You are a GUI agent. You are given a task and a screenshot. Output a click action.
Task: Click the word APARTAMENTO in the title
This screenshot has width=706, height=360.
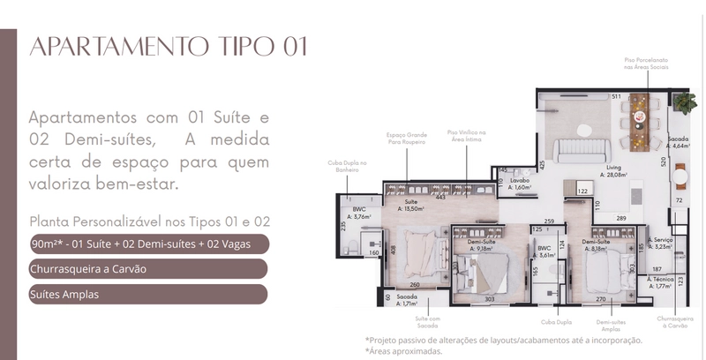103,47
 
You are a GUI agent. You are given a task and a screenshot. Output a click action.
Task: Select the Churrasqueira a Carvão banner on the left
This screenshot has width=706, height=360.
146,269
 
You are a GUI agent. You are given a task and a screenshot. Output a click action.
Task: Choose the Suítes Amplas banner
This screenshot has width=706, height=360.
146,294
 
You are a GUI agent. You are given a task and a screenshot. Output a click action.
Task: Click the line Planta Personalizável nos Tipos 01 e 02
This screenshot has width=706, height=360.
149,221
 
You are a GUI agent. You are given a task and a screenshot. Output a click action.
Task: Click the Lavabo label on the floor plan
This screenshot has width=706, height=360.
520,183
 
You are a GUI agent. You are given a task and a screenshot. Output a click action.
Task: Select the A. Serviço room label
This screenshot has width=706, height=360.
660,243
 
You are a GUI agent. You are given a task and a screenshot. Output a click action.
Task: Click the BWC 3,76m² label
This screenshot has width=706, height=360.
359,213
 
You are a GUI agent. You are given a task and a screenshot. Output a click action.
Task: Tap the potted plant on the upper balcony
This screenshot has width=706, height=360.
684,101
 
